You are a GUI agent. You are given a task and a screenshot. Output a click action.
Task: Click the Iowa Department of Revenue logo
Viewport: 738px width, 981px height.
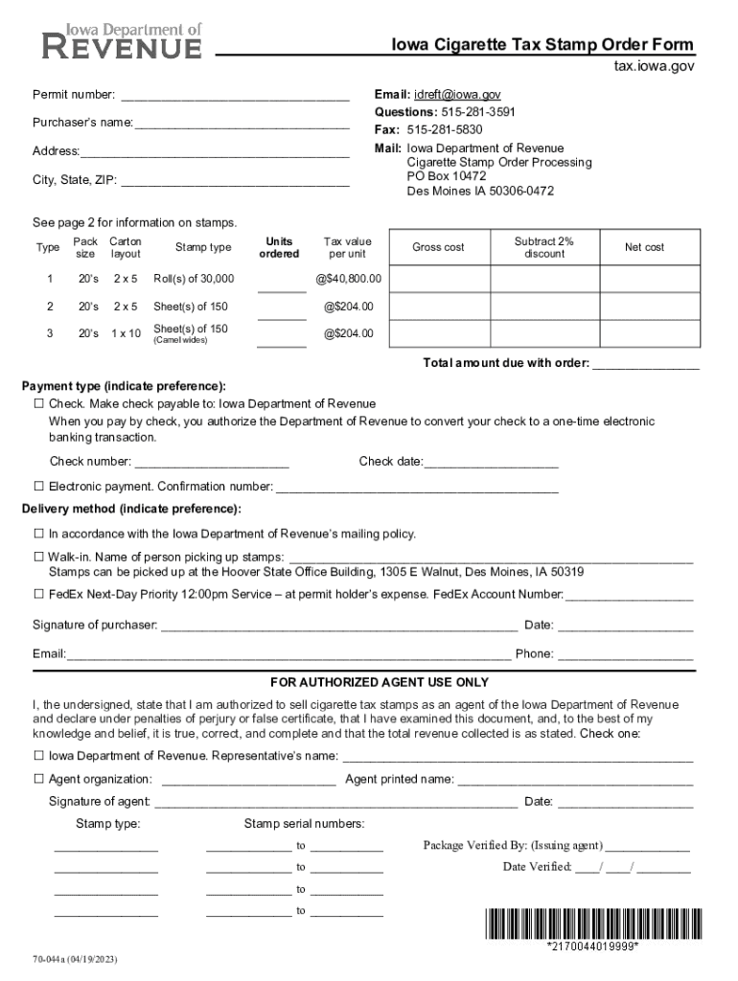click(x=122, y=42)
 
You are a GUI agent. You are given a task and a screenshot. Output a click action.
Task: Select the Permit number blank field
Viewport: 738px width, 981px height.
click(x=234, y=96)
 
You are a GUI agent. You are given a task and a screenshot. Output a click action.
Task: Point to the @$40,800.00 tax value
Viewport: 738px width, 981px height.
click(x=347, y=279)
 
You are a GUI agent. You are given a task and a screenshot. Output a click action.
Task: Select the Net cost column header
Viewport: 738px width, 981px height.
click(x=644, y=247)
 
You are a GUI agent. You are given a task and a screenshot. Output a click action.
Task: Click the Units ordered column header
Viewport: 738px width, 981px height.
click(x=279, y=247)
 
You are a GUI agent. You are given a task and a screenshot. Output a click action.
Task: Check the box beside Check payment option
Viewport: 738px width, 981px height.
click(x=39, y=404)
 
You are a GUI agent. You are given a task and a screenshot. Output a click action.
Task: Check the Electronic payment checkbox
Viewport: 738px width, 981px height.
click(x=39, y=487)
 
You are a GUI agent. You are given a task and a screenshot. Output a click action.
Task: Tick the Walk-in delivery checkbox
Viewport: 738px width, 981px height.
click(x=39, y=558)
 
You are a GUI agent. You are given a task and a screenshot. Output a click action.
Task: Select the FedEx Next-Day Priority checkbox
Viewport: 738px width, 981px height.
click(x=39, y=594)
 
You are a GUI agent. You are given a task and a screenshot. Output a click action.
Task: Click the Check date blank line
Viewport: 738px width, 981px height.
click(x=491, y=464)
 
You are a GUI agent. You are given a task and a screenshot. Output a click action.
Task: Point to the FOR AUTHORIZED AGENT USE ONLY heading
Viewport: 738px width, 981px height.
click(x=380, y=682)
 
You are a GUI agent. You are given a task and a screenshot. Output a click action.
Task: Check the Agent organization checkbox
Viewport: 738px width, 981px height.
click(x=39, y=780)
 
